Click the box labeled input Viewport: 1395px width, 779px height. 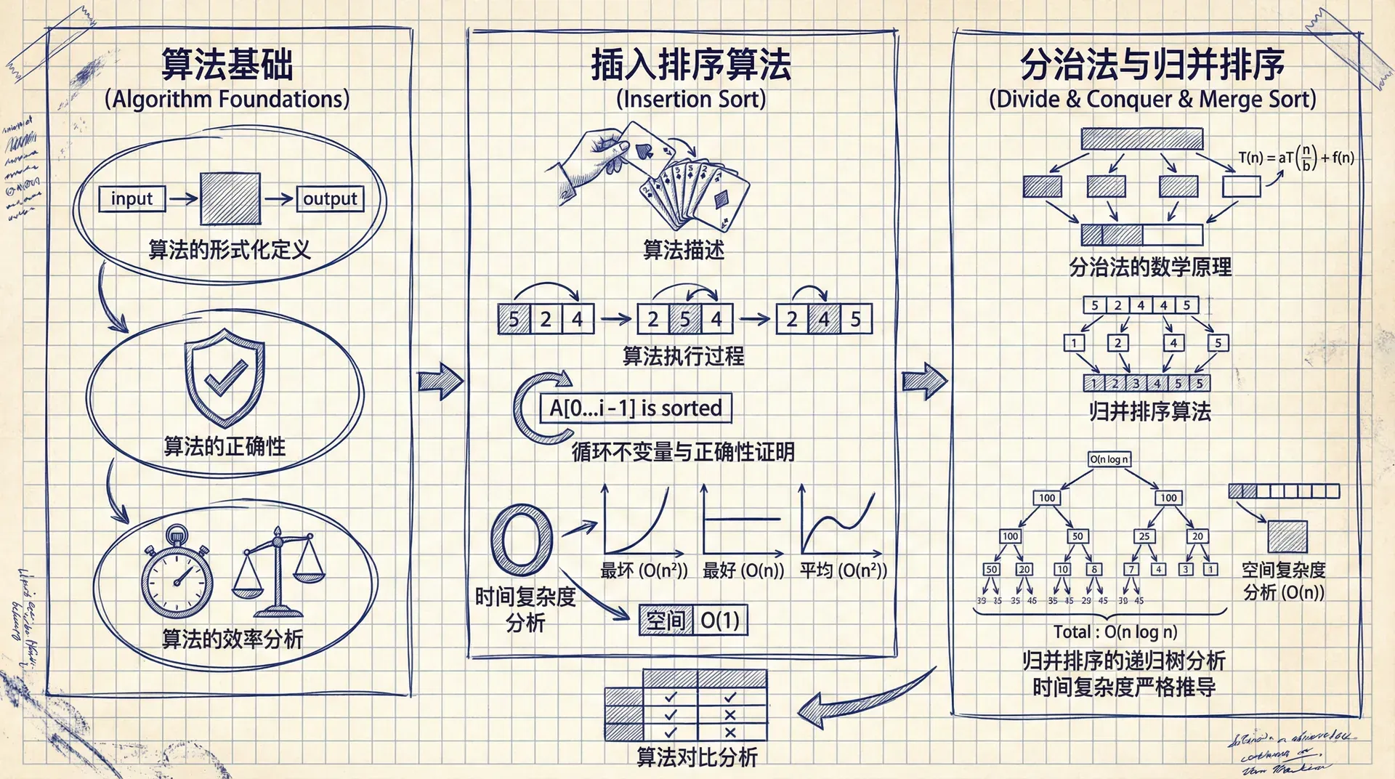132,198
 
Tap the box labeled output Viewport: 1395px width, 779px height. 330,198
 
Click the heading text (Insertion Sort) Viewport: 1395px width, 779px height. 690,99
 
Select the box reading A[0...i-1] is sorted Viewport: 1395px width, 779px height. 635,408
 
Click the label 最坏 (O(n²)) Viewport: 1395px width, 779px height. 644,570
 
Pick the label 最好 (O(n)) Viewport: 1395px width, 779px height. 743,570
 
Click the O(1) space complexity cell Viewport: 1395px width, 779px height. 720,621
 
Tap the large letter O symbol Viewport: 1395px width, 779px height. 521,540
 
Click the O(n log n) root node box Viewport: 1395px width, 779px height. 1109,459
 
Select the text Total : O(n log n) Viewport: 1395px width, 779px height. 1115,632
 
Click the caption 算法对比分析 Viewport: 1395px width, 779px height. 697,758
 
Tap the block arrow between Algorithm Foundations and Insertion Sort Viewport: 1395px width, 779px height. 440,380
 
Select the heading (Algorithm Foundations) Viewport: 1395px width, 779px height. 227,99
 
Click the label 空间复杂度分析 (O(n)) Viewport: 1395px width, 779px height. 1283,581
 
